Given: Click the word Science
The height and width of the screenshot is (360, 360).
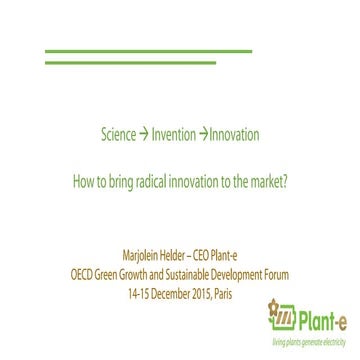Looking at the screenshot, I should click(118, 134).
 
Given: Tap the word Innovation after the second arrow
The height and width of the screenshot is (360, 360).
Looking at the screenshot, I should click(233, 134).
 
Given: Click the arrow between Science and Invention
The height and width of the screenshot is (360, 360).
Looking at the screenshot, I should click(144, 134).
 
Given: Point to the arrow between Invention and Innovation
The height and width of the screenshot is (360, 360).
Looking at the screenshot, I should click(202, 134).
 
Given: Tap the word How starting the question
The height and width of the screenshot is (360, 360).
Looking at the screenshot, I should click(85, 183).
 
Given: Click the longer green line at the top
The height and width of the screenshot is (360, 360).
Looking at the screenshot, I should click(149, 50).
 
